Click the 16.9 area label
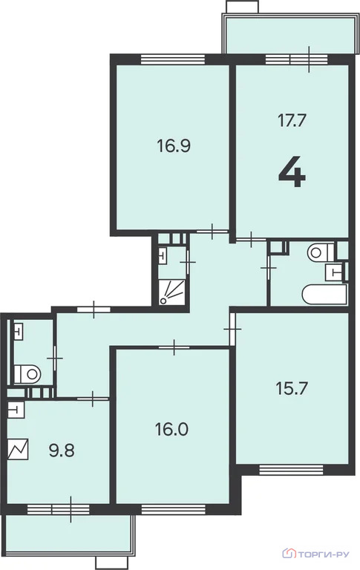coord(174,145)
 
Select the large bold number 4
coord(292,173)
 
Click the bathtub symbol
coord(324,293)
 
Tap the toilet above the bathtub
coord(318,252)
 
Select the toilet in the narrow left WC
coord(29,370)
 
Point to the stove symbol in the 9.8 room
coord(17,450)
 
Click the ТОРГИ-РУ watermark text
coord(324,553)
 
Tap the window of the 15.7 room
coord(291,469)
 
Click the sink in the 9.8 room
coord(15,408)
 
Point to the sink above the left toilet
coord(19,330)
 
